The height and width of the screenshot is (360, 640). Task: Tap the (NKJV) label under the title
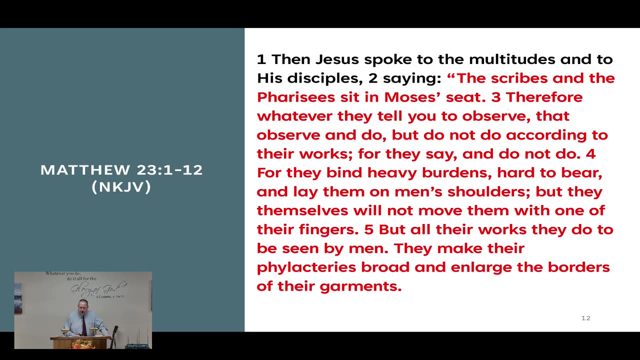(121, 187)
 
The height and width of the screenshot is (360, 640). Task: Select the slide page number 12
(585, 318)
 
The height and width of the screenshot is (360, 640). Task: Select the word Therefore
(544, 97)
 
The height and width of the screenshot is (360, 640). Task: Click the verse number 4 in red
(590, 153)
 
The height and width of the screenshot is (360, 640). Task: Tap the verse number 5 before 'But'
(368, 229)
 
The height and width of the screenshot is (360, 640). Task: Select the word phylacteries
(306, 267)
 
